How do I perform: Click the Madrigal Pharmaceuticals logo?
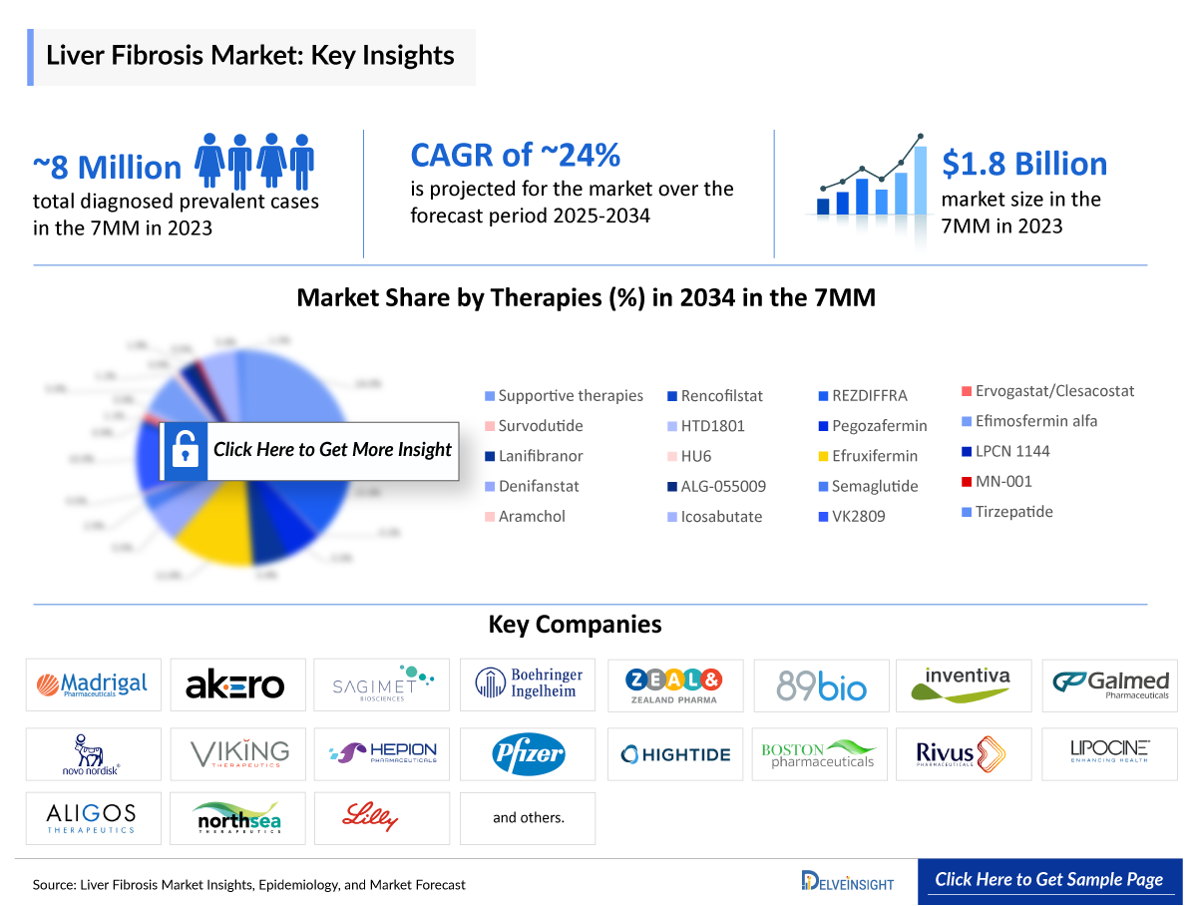[x=93, y=684]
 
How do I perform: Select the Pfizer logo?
[x=528, y=754]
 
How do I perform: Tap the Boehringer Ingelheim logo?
[x=528, y=684]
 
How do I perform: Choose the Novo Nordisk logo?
[x=93, y=754]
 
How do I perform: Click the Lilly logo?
[x=382, y=818]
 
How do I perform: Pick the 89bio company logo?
[x=822, y=685]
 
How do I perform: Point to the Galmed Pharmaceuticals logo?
[x=1110, y=684]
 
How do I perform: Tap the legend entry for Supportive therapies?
[x=564, y=396]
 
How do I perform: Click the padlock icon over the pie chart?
[x=185, y=451]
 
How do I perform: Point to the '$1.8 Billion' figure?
[x=1024, y=164]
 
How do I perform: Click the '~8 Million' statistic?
[x=108, y=167]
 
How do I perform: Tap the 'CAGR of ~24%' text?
[x=516, y=155]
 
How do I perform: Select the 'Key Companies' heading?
[x=575, y=625]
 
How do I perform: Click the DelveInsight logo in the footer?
[x=848, y=881]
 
